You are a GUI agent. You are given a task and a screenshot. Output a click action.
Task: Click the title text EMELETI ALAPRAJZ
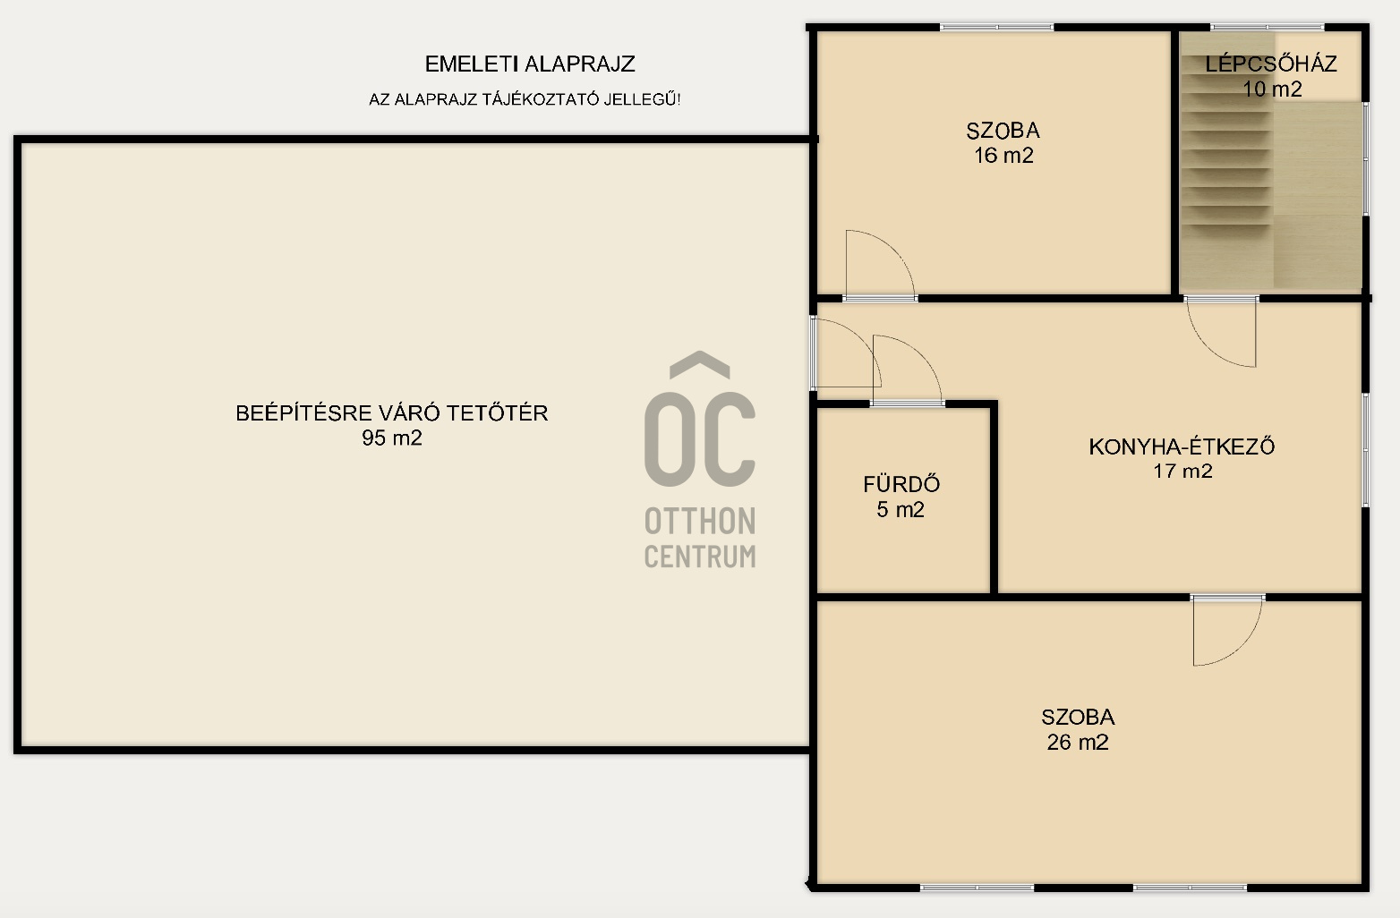[530, 64]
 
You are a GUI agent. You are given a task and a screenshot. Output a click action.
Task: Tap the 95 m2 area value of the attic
[392, 438]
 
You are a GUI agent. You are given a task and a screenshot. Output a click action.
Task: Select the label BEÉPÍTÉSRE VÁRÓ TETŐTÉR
[392, 412]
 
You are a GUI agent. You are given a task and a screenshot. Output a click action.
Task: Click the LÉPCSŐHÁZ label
[1271, 64]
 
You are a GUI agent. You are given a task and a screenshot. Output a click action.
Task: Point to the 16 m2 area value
[1003, 155]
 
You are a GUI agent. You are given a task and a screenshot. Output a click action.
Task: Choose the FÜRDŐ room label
[901, 484]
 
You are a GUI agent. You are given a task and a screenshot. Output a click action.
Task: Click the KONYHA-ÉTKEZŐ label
[1182, 446]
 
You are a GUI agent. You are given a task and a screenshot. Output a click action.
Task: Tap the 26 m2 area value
[1078, 742]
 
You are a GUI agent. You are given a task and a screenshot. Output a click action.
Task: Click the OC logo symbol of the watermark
[699, 419]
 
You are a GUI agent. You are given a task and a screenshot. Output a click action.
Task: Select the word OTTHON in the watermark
[700, 521]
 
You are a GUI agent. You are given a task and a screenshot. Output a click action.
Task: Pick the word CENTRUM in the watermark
[700, 557]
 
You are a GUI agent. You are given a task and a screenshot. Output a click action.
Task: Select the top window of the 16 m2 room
[997, 27]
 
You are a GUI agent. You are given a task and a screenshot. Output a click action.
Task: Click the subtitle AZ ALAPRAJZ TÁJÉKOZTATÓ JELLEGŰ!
[525, 99]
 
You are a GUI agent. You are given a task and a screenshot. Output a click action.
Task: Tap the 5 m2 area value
[900, 509]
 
